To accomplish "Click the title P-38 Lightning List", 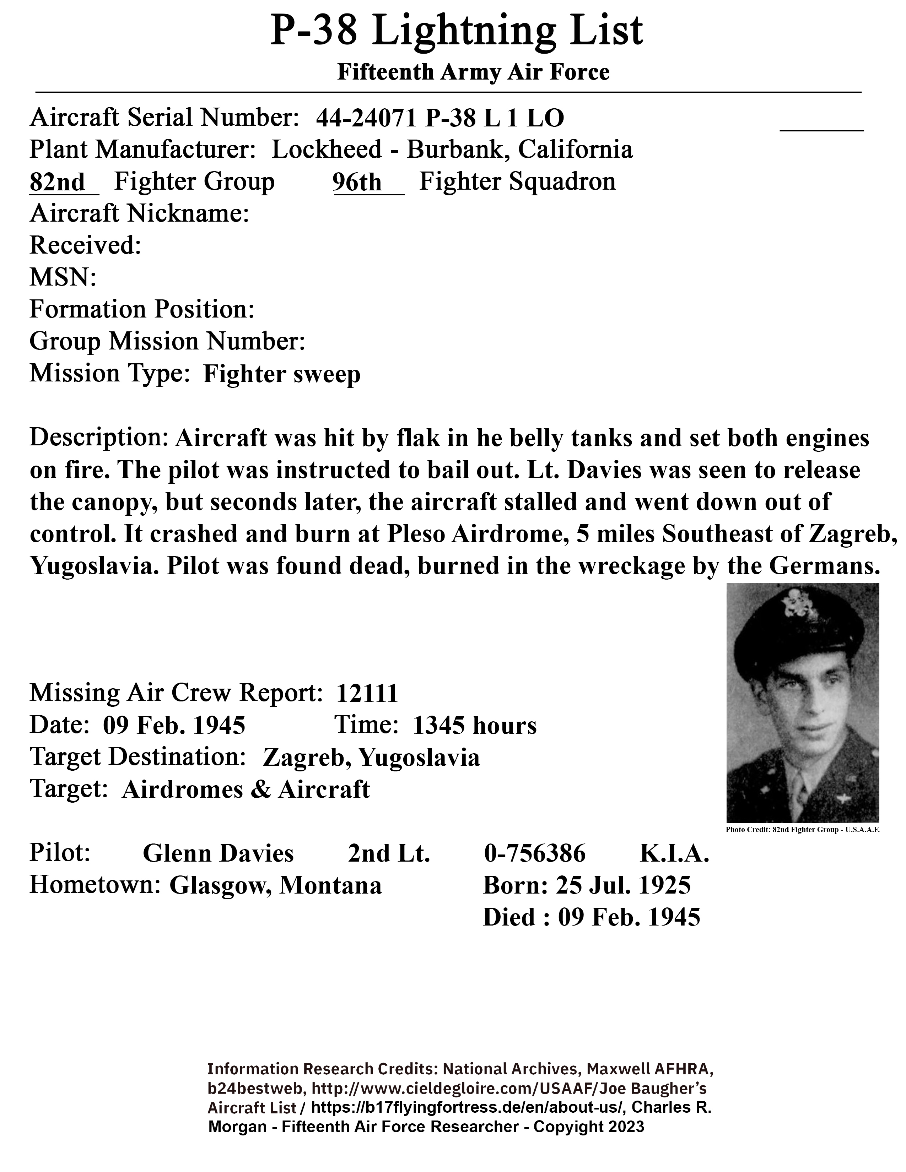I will coord(456,31).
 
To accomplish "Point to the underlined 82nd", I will coord(58,183).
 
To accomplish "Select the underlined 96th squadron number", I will coord(357,183).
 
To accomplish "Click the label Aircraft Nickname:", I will coord(139,213).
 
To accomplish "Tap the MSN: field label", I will coord(63,277).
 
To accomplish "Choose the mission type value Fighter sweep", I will coord(282,374).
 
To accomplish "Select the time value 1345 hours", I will coord(474,726).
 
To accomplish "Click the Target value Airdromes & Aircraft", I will coord(246,790).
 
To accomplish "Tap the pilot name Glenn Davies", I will coord(218,853).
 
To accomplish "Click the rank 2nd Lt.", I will coord(389,853).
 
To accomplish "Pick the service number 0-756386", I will coord(535,853).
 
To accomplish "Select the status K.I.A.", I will coord(674,853).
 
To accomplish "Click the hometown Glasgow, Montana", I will coord(275,885).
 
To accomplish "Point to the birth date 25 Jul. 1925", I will coord(623,885).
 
